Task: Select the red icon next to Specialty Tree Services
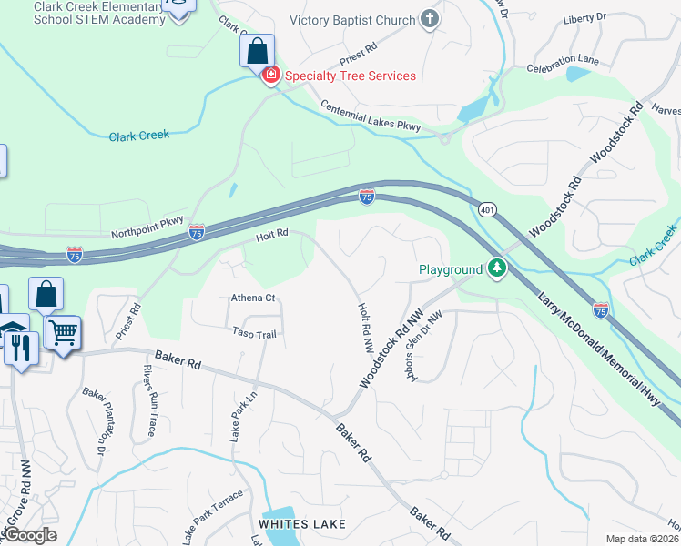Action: (x=269, y=76)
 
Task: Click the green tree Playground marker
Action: (x=496, y=268)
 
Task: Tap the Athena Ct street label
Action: (x=253, y=298)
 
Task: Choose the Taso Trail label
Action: (x=254, y=334)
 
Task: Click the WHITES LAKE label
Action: (x=302, y=524)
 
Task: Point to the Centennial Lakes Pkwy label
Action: (x=371, y=117)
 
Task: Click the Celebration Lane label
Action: (x=563, y=61)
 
